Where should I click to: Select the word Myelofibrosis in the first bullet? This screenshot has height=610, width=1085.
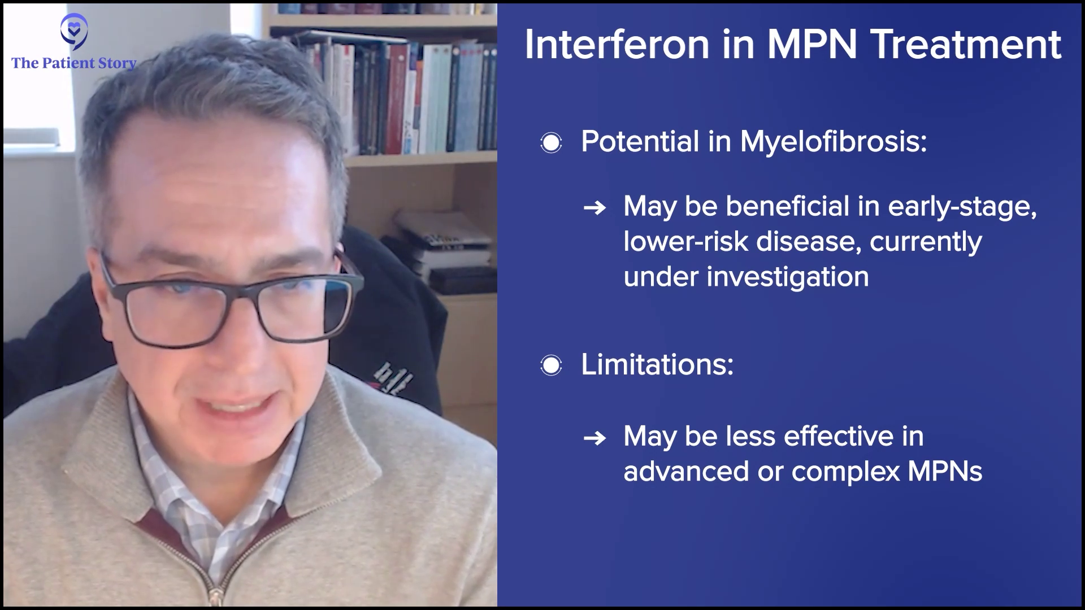point(834,141)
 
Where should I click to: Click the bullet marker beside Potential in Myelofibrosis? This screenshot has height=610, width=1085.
point(551,142)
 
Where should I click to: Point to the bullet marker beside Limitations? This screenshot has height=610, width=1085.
point(551,365)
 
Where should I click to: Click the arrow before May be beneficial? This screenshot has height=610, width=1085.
point(594,208)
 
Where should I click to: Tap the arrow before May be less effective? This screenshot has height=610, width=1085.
point(594,438)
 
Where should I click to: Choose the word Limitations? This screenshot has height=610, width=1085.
point(657,365)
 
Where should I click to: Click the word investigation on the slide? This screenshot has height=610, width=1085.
point(788,277)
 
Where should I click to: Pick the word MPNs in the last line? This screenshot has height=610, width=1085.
point(945,471)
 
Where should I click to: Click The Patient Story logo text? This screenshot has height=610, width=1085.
point(74,63)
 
